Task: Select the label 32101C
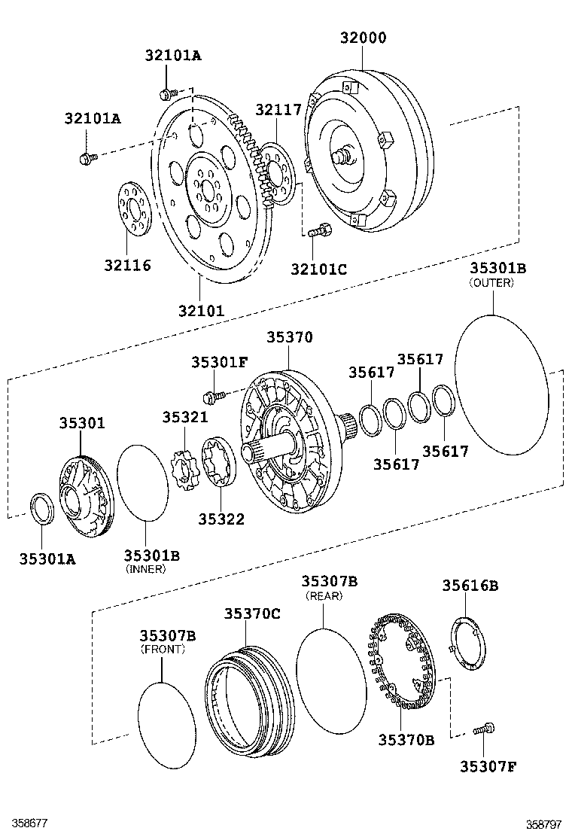[319, 267]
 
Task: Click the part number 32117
[278, 110]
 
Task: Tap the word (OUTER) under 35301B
[491, 283]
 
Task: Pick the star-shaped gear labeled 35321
[184, 470]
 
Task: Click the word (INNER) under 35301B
[145, 569]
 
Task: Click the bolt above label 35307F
[484, 729]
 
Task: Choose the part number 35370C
[251, 613]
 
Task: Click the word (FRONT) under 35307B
[163, 649]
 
